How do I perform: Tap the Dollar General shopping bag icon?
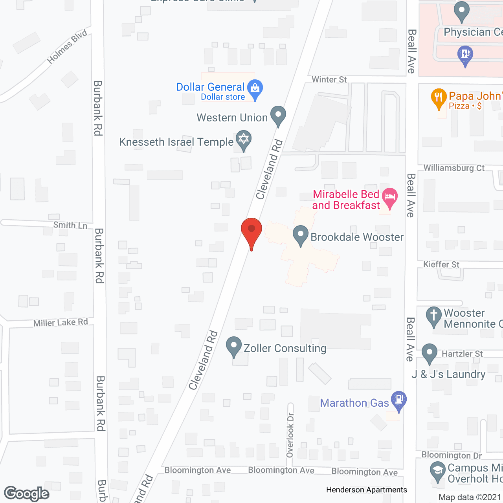pos(255,89)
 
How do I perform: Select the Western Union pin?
pos(278,116)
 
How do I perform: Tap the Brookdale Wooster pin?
pos(301,235)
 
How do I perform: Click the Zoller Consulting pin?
pos(234,346)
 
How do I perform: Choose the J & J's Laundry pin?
pos(430,353)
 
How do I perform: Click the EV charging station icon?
pos(465,54)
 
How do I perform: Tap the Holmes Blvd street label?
pos(67,47)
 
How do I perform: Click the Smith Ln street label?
pos(70,225)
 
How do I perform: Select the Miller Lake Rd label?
pos(61,323)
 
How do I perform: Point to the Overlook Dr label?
pos(290,435)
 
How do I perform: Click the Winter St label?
pos(329,79)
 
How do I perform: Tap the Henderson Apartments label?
pos(366,490)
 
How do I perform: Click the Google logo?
pos(27,494)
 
